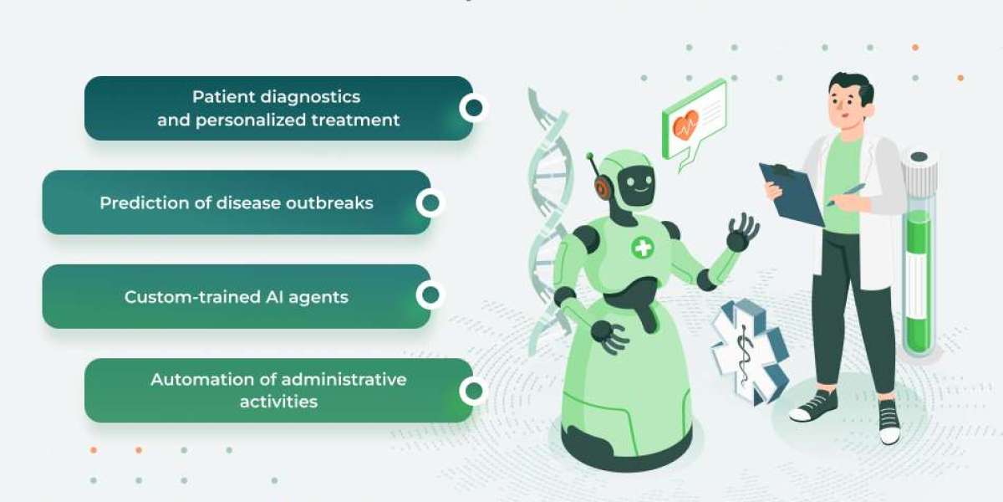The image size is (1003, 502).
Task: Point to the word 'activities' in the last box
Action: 278,402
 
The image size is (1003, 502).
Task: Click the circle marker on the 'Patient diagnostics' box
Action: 474,107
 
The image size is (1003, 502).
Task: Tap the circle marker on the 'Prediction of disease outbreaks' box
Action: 430,202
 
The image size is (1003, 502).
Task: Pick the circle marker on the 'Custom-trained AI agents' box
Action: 430,295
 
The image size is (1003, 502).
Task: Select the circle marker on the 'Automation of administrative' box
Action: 474,391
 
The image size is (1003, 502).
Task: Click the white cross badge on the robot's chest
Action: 642,247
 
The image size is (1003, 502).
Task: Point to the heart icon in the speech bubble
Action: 685,127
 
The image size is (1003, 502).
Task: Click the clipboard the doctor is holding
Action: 791,192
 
